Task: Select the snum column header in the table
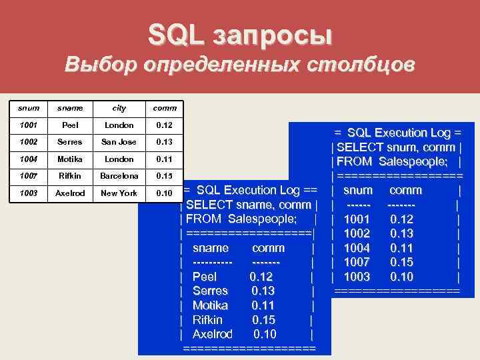coord(29,107)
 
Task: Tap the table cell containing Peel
coord(70,125)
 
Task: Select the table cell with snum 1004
coord(29,159)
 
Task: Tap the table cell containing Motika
coord(70,159)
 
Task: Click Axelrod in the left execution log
coord(212,334)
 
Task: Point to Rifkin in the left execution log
coord(209,320)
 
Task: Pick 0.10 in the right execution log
coord(401,277)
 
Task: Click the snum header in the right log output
coord(358,190)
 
